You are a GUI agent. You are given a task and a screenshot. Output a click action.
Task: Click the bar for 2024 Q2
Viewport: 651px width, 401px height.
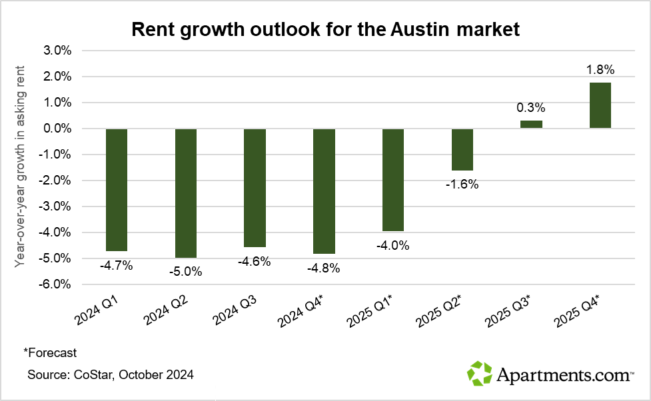(x=186, y=193)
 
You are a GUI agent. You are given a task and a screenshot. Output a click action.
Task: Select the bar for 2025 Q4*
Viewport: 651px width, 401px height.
(x=600, y=105)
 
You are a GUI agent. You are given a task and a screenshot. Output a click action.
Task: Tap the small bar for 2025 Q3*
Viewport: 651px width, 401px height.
(x=531, y=124)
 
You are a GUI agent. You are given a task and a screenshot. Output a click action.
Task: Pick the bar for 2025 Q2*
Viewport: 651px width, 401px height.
(x=462, y=149)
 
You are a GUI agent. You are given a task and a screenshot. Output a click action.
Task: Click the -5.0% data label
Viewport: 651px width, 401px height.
(x=186, y=271)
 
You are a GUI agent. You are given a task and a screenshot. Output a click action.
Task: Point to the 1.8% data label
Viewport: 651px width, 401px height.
(x=600, y=69)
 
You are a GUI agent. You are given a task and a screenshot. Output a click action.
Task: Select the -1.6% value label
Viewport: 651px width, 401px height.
(x=462, y=185)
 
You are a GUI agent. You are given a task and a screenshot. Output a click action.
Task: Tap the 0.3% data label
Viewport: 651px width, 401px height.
(x=532, y=107)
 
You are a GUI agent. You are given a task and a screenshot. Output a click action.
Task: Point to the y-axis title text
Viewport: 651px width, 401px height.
(x=21, y=167)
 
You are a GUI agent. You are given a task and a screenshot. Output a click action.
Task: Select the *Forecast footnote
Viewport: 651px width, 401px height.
(x=50, y=352)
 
